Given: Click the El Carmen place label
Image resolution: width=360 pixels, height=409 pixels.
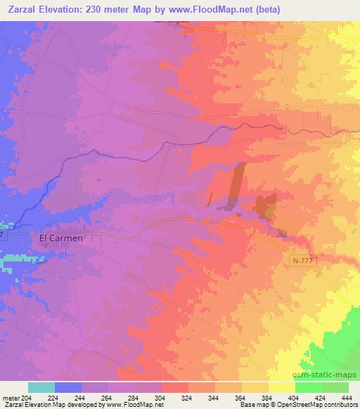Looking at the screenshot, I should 60,238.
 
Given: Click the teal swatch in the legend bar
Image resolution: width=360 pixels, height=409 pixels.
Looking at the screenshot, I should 41,387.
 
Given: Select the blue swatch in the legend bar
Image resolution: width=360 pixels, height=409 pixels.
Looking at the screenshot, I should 67,387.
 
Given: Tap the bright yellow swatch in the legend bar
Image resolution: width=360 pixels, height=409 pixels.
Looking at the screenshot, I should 281,387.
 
